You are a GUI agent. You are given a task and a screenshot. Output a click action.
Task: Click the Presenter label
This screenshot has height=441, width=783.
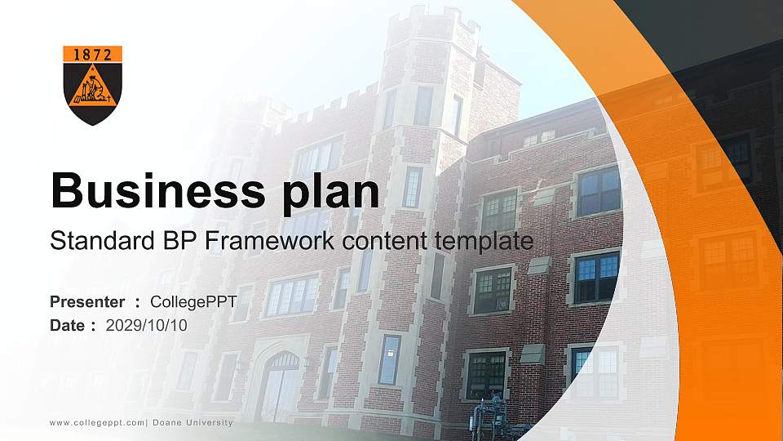[87, 302]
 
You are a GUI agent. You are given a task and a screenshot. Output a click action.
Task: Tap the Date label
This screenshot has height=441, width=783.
[68, 325]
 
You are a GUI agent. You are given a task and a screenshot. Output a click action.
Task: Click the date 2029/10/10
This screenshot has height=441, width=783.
[147, 325]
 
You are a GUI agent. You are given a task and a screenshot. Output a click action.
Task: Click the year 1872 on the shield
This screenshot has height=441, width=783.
[92, 55]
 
